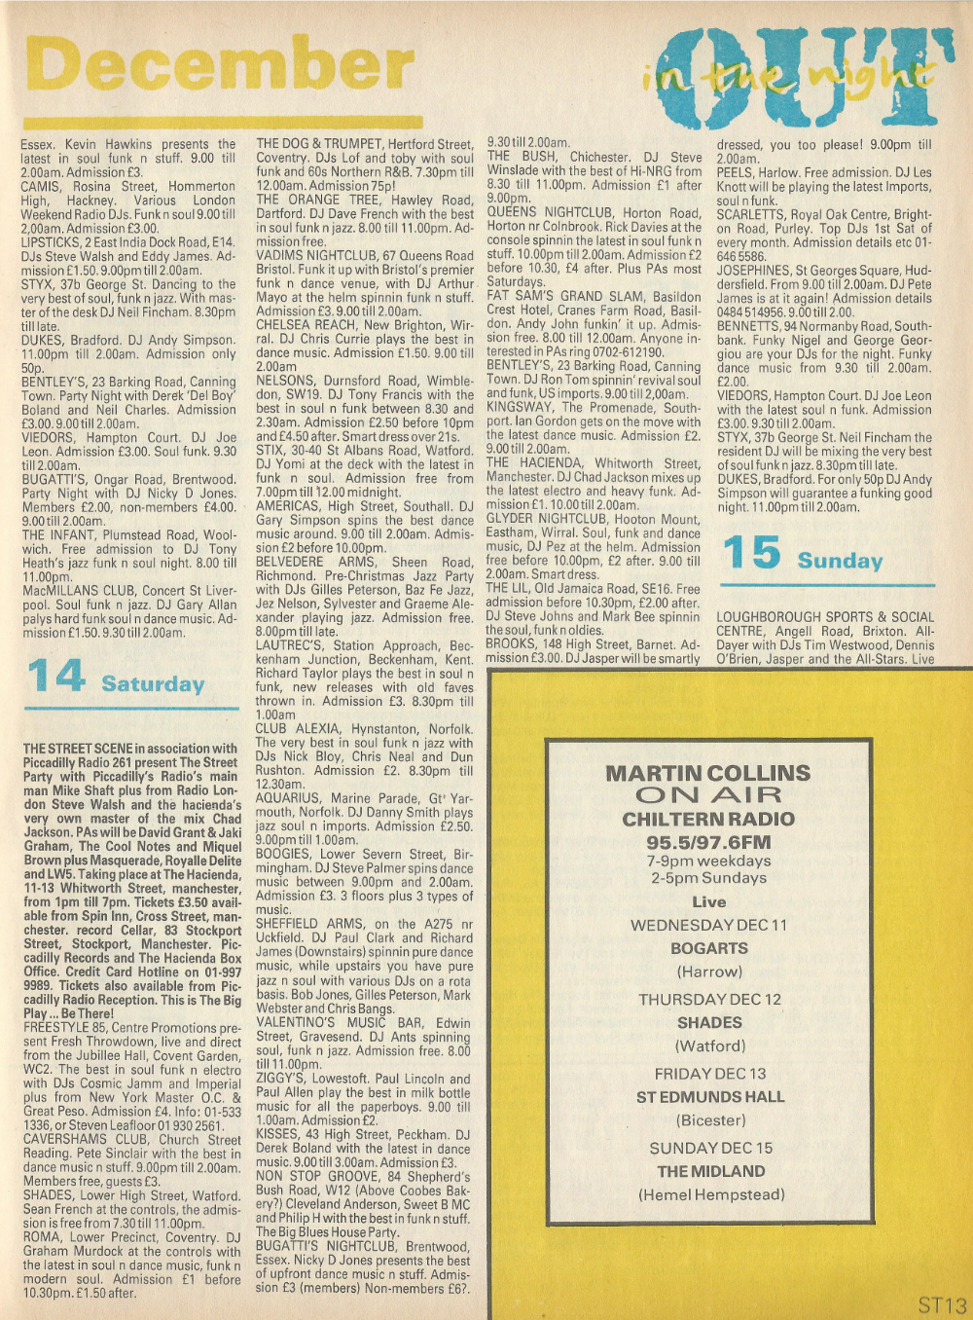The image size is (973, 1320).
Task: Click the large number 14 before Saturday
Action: [56, 677]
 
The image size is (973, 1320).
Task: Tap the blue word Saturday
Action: [153, 683]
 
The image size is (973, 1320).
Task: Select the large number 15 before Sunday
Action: [751, 553]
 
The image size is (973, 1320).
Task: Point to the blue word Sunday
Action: [840, 561]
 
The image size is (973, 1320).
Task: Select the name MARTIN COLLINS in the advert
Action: [708, 773]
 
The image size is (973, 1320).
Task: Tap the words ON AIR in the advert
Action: [708, 795]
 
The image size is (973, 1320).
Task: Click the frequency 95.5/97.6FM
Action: [708, 842]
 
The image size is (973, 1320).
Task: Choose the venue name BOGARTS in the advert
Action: [708, 948]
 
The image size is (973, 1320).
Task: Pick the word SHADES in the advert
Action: [709, 1022]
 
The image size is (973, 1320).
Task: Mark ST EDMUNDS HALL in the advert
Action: [709, 1097]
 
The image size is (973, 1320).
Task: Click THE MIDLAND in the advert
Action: [710, 1171]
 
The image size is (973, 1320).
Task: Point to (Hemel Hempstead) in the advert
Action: [710, 1194]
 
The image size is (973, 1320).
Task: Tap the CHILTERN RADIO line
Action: [708, 819]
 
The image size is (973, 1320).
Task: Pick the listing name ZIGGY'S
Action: [280, 1079]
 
